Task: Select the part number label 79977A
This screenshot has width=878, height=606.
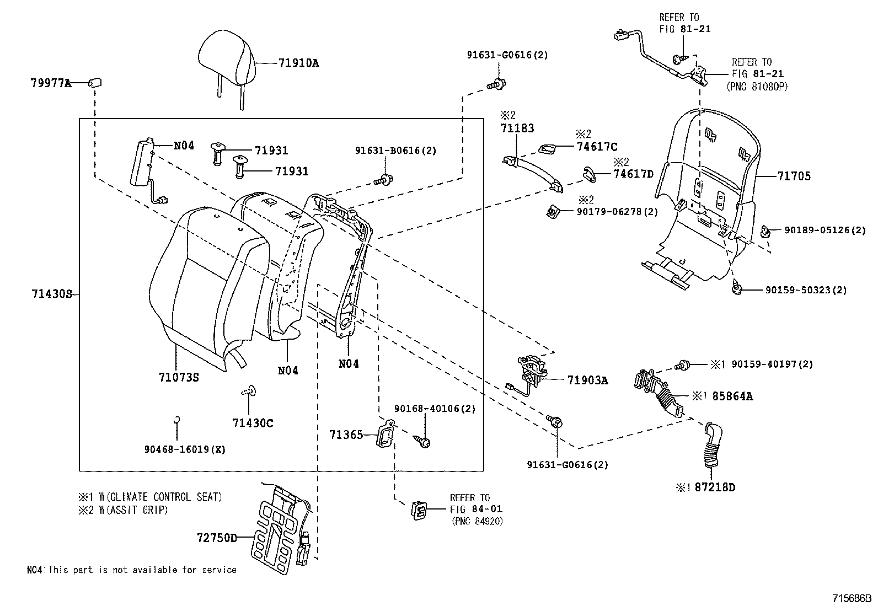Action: point(50,83)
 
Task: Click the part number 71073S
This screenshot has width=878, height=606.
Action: point(178,378)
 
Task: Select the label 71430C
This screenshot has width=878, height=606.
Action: point(253,423)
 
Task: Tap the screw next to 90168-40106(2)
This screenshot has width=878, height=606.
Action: point(424,441)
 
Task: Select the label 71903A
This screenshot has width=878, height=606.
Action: point(587,380)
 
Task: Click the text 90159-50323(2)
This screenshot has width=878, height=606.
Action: point(806,290)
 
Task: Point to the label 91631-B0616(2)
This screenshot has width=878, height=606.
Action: point(395,151)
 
